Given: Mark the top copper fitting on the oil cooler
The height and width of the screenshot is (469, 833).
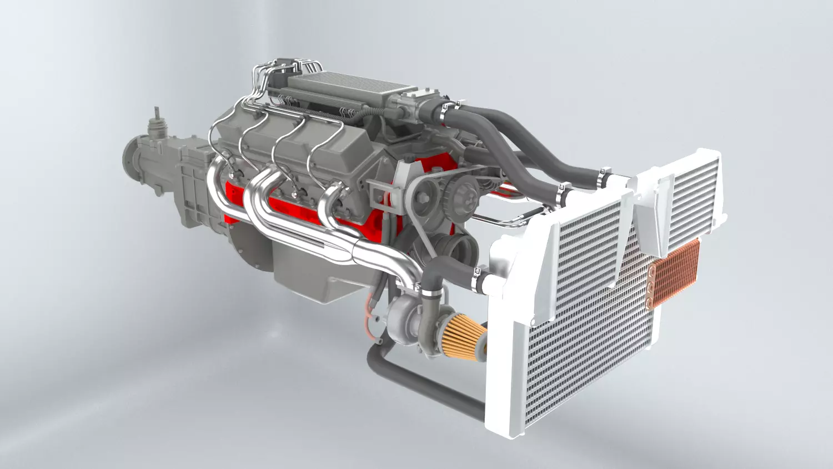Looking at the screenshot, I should point(651,273).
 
